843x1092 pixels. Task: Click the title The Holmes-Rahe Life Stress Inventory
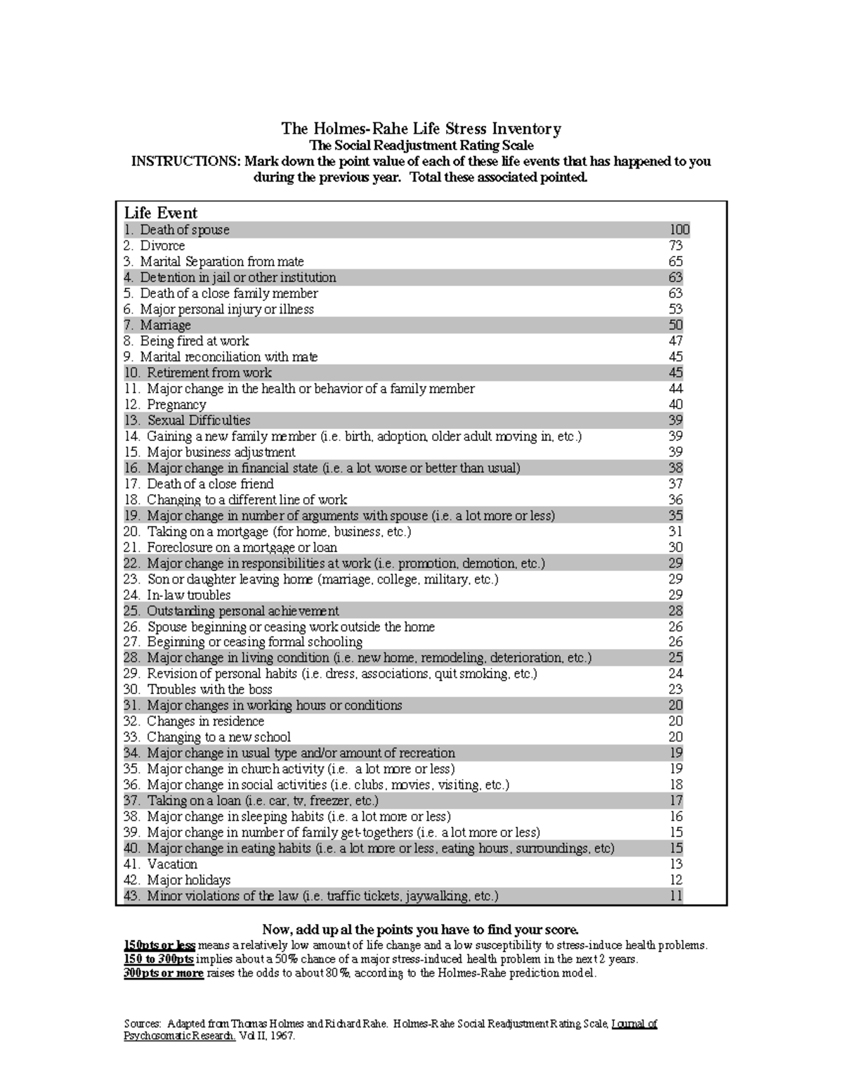(x=421, y=129)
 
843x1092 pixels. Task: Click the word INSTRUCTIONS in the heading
(x=185, y=162)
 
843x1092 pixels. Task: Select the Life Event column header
(x=161, y=213)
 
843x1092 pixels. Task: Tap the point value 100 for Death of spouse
(x=679, y=230)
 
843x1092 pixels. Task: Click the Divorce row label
(x=162, y=246)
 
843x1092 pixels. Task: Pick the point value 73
(x=675, y=246)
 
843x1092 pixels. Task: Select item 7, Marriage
(x=165, y=326)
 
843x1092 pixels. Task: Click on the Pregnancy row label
(x=176, y=405)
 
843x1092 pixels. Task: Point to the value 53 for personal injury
(x=675, y=309)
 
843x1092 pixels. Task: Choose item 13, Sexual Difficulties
(x=198, y=420)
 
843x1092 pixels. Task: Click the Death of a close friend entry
(x=210, y=484)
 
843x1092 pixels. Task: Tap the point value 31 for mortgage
(x=675, y=532)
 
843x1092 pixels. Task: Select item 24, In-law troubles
(x=188, y=595)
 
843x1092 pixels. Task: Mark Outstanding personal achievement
(x=242, y=611)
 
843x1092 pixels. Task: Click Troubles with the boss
(x=209, y=690)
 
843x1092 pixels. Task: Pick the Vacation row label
(x=172, y=864)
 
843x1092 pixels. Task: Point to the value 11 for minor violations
(x=675, y=896)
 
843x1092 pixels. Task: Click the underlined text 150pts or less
(x=159, y=945)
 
